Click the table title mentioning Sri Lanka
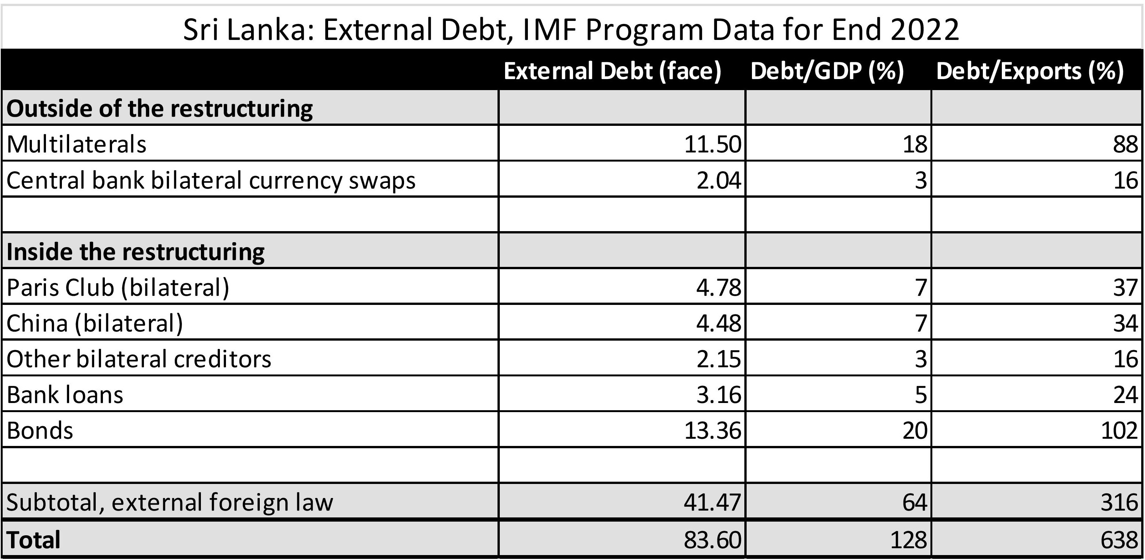click(x=571, y=29)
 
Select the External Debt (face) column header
click(x=612, y=71)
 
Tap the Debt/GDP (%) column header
click(x=827, y=71)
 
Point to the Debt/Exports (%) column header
click(x=1030, y=71)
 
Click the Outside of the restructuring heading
click(x=160, y=108)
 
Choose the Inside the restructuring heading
click(x=136, y=252)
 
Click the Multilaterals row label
click(x=76, y=144)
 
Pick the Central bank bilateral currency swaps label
click(x=211, y=180)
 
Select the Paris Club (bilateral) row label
click(x=118, y=287)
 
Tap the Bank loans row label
click(x=65, y=395)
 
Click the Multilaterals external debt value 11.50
click(x=712, y=144)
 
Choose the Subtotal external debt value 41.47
click(x=712, y=502)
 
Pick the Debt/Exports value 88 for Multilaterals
click(x=1125, y=144)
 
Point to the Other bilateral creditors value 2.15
click(x=718, y=359)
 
